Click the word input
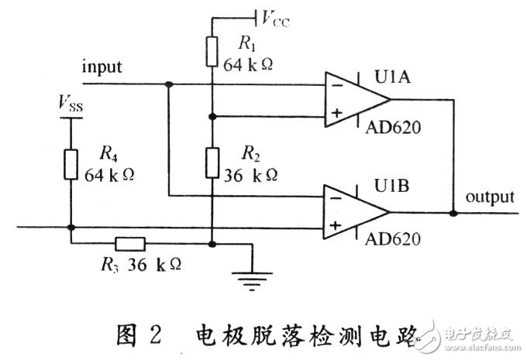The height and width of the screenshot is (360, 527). [102, 67]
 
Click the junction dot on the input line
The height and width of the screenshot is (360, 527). [168, 83]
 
